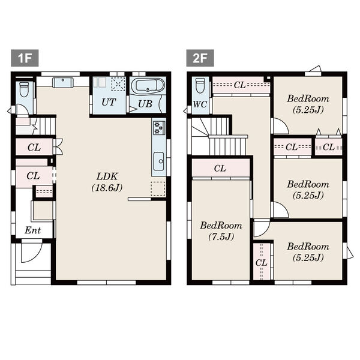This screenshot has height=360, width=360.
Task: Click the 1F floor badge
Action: coord(25,58)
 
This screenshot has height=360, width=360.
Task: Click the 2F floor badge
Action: coord(200,58)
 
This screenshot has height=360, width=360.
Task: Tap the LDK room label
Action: coord(107,176)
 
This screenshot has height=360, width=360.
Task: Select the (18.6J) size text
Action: coord(107,188)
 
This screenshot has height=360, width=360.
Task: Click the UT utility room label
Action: coord(109,102)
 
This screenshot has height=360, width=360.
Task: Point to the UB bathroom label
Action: coord(145,104)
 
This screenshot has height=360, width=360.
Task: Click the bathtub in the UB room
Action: coord(148,86)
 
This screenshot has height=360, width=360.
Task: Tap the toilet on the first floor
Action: coord(24,89)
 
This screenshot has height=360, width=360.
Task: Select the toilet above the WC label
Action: coord(200,85)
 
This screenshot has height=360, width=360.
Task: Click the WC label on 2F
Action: coord(200,104)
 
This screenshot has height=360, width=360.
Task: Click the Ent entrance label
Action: coord(32,230)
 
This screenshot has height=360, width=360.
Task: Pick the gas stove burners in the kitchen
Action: coord(159,127)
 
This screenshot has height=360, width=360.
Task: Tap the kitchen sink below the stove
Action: coord(158,161)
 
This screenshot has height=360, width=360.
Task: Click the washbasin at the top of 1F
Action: coord(62,82)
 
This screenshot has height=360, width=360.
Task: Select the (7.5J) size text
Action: coord(221,236)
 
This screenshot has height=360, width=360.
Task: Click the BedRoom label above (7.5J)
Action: coord(221,226)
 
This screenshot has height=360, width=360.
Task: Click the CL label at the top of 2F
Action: coord(239,85)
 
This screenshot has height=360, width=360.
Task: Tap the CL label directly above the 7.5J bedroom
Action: coord(220,169)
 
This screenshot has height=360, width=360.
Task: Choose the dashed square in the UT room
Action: coord(118,84)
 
